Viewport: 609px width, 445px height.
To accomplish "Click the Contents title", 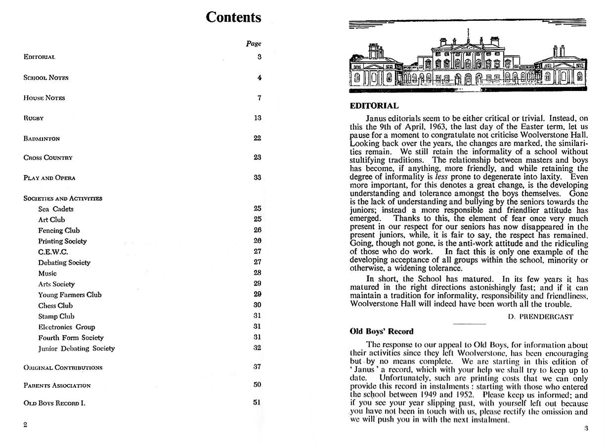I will click(233, 17).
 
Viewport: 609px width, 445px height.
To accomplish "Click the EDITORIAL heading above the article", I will click(374, 105).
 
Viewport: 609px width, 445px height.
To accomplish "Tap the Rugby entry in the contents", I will click(34, 118).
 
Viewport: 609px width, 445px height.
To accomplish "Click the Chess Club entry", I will click(55, 305).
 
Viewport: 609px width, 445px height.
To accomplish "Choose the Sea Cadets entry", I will click(56, 209).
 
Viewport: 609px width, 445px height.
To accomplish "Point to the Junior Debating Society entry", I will click(76, 348).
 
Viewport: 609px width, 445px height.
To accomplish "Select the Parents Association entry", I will click(57, 385).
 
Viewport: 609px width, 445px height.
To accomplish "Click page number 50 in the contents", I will click(257, 385).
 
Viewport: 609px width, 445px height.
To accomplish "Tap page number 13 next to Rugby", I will click(257, 118).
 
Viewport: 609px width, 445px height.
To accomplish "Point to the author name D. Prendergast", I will click(541, 317).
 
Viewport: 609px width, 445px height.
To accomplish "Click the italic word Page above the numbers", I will click(254, 44).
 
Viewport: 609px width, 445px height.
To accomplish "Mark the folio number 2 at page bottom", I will click(25, 425).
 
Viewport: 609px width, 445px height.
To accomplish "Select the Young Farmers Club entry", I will click(70, 295).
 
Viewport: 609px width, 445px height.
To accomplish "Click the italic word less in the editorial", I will click(441, 177).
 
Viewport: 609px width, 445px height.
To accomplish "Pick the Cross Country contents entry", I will click(48, 158).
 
